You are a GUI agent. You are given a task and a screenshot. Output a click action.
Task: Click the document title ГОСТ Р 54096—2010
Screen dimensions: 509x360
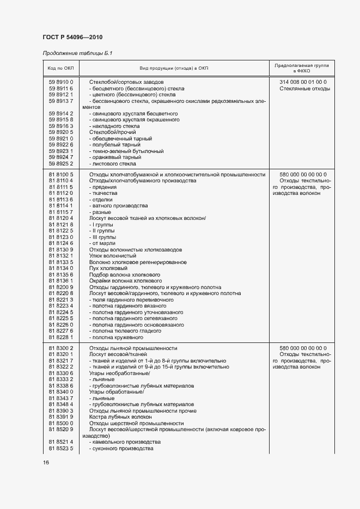pyautogui.click(x=72, y=37)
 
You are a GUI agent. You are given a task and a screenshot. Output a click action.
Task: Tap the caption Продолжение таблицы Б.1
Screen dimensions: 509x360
pyautogui.click(x=78, y=53)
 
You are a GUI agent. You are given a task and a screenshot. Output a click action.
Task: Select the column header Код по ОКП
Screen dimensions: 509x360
pyautogui.click(x=61, y=68)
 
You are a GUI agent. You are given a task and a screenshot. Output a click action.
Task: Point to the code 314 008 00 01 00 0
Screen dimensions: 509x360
pyautogui.click(x=303, y=82)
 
